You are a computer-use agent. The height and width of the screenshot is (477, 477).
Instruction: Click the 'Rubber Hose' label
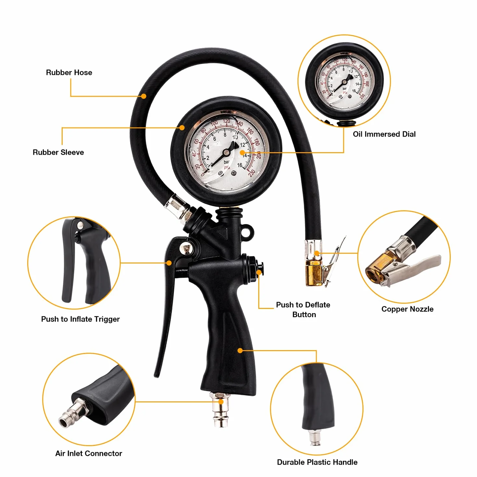click(69, 73)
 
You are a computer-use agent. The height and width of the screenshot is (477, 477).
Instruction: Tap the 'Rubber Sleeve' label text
click(58, 152)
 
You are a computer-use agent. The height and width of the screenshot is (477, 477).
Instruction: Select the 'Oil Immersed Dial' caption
click(384, 134)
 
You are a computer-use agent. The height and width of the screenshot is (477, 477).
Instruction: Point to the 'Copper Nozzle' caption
click(407, 309)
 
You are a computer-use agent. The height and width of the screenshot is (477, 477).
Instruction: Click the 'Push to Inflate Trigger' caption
click(80, 319)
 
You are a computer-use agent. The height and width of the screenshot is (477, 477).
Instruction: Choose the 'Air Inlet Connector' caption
click(89, 453)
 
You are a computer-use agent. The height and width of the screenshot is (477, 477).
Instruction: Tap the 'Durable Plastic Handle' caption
click(317, 462)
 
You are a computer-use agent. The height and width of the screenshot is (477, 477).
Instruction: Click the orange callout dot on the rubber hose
click(143, 96)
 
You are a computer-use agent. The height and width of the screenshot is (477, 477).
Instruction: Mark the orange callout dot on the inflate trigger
click(169, 263)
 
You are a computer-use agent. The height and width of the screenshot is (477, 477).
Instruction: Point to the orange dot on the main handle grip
click(240, 350)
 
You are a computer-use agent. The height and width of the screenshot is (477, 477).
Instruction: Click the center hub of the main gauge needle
click(226, 153)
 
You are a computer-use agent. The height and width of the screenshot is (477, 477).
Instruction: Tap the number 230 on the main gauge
click(251, 173)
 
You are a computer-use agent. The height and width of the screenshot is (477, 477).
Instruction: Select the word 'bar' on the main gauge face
click(226, 162)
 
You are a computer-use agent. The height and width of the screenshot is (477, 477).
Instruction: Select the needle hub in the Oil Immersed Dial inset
click(344, 82)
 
